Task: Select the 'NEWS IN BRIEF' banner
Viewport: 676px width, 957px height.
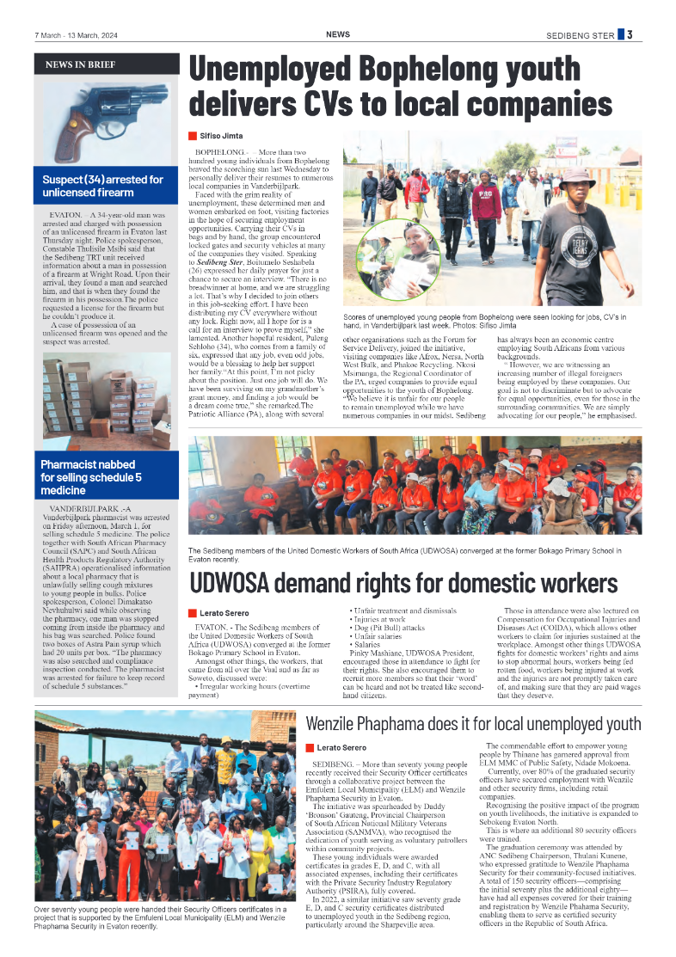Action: coord(80,64)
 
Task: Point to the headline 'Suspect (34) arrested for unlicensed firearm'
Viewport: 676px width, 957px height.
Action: coord(103,186)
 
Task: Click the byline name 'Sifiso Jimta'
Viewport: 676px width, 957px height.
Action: coord(222,136)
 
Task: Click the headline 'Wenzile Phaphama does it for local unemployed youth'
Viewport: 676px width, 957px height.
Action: coord(473,722)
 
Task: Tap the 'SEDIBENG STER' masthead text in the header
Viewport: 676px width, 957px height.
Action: coord(581,35)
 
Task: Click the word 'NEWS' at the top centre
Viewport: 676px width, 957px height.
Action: coord(337,34)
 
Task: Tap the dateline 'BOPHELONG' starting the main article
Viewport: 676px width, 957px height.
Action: coord(218,152)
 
